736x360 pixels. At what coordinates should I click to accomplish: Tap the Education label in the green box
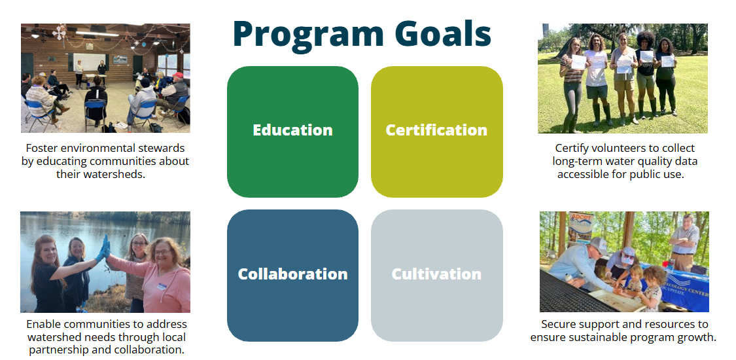pyautogui.click(x=292, y=130)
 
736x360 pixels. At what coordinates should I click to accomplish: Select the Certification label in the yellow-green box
pyautogui.click(x=436, y=130)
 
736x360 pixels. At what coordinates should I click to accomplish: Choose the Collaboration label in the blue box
pyautogui.click(x=292, y=274)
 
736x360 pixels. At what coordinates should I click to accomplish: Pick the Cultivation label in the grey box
pyautogui.click(x=436, y=274)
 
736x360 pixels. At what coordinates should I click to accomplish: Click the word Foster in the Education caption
pyautogui.click(x=41, y=149)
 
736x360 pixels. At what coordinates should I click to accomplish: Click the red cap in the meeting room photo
pyautogui.click(x=177, y=75)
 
